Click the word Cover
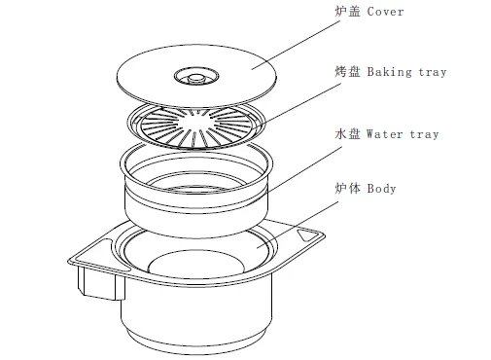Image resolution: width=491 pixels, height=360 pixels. tap(385, 12)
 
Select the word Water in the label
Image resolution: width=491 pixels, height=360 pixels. tap(385, 134)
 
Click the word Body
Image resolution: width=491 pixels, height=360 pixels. tap(381, 189)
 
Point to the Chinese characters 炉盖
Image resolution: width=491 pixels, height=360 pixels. tap(347, 12)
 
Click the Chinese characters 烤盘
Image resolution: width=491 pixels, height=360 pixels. tap(347, 72)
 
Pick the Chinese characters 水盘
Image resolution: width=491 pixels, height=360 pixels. tap(347, 133)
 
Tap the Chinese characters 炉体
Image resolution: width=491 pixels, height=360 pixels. tap(347, 188)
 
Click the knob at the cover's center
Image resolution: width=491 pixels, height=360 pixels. tap(195, 78)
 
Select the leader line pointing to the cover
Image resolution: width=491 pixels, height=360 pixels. tap(296, 45)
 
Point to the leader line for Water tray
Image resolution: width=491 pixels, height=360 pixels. tap(303, 169)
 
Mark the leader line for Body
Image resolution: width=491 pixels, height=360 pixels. tap(298, 225)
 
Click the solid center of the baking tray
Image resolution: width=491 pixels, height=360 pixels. tap(195, 125)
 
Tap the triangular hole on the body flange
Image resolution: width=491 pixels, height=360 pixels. tap(306, 234)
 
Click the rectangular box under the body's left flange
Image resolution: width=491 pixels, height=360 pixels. tap(101, 283)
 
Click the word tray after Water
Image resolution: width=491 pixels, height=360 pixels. tap(424, 134)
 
